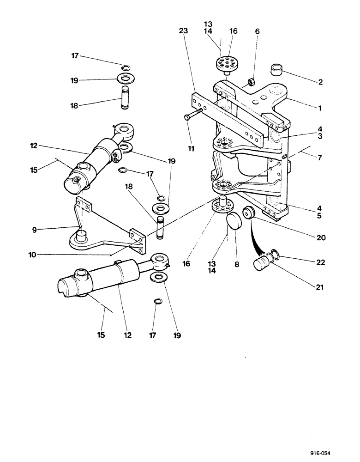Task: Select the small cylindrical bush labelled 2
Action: [x=276, y=72]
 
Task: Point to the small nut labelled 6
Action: [x=252, y=83]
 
